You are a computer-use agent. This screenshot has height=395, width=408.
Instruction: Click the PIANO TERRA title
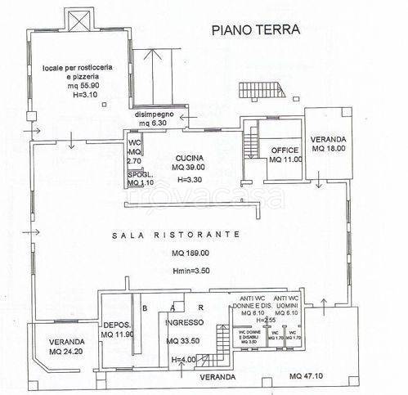click(x=256, y=30)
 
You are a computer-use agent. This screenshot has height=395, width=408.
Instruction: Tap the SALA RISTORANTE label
click(x=176, y=234)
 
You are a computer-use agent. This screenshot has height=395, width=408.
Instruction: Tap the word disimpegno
click(x=156, y=114)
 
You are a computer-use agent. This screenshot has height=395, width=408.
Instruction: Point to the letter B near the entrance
click(x=144, y=308)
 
